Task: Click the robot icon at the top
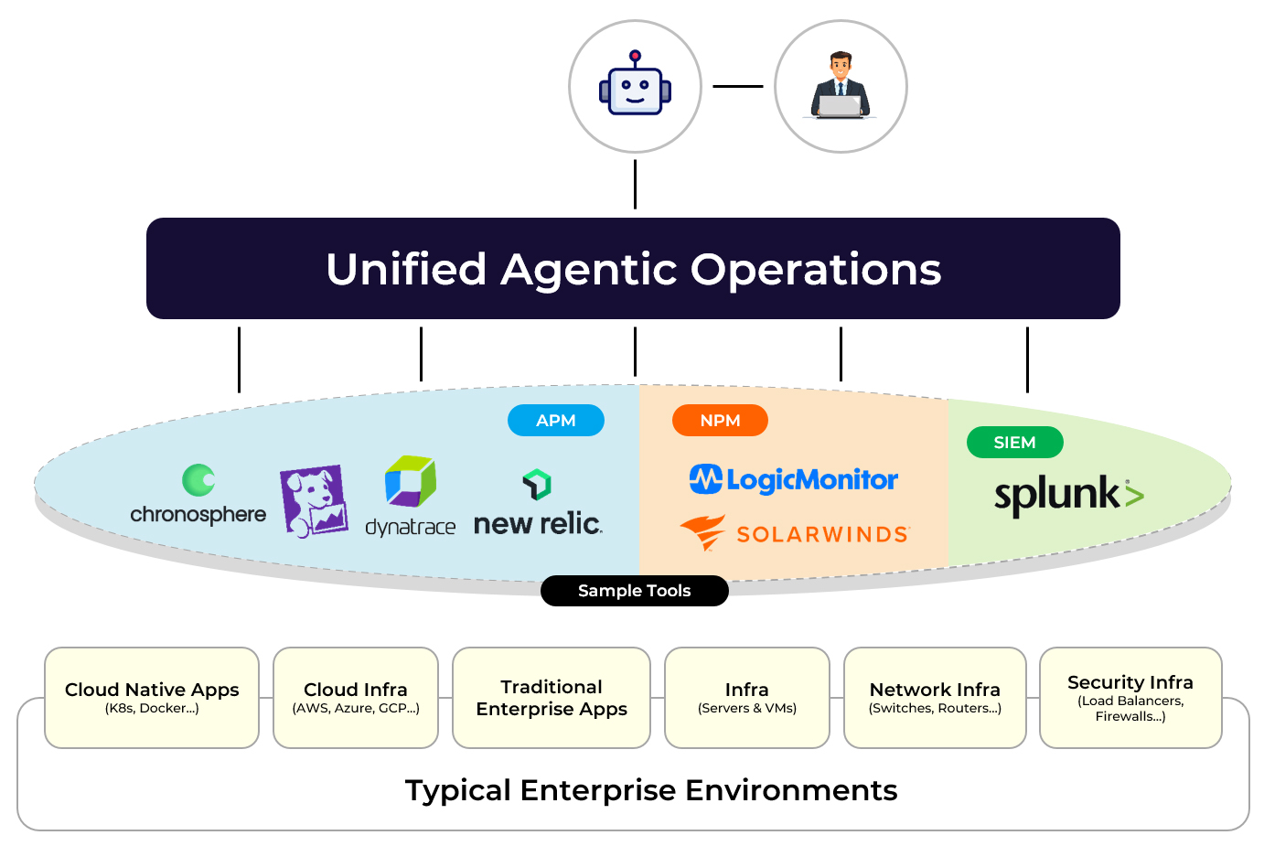[635, 87]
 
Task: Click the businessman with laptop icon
[841, 87]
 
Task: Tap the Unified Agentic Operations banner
[633, 269]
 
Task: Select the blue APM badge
[556, 421]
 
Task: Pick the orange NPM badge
[720, 421]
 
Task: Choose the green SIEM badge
[1014, 443]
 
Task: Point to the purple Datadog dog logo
[314, 500]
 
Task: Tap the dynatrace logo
[411, 496]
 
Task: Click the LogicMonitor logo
[794, 479]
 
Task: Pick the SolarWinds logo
[795, 533]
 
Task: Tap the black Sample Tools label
[635, 591]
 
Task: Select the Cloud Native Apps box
[152, 698]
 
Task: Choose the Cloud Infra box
[356, 698]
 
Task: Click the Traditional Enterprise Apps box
[552, 698]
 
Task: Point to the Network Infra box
[935, 698]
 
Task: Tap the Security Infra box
[1130, 698]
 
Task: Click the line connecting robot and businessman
[737, 87]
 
